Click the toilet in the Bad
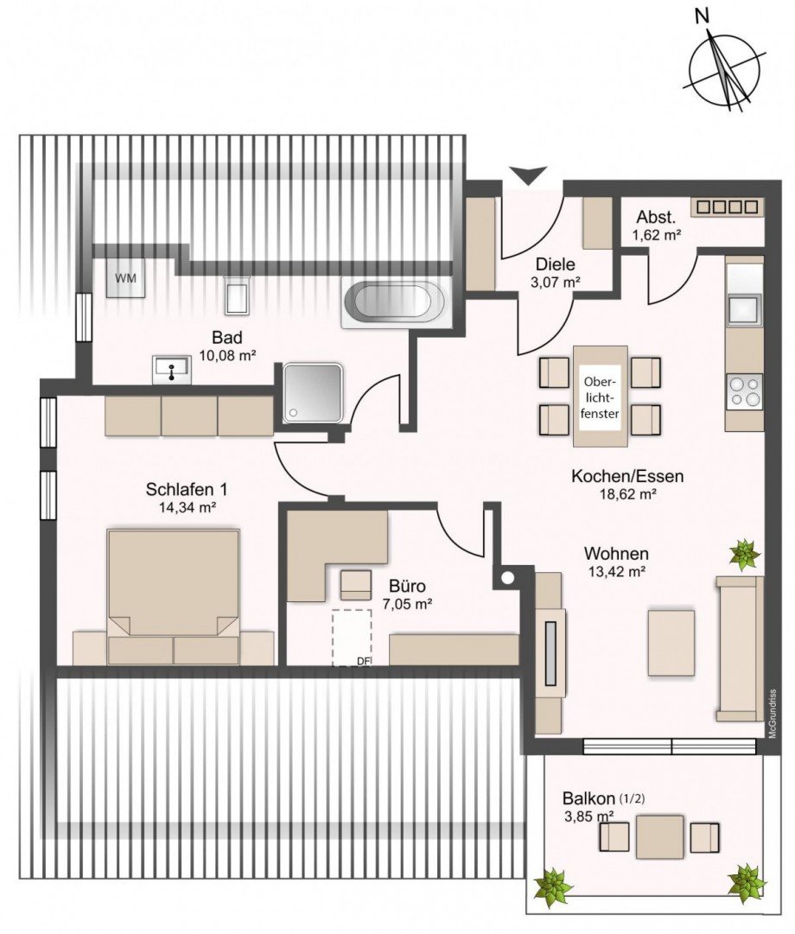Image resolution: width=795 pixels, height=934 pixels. [x=237, y=295]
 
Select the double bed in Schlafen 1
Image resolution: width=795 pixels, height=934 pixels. [x=173, y=588]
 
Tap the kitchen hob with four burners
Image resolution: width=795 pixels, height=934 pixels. [x=744, y=391]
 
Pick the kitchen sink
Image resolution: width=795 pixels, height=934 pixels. [x=744, y=308]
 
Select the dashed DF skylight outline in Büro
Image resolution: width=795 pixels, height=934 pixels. [x=352, y=638]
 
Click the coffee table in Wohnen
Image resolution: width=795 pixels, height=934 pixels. [x=671, y=643]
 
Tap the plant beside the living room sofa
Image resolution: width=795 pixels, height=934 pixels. [x=743, y=553]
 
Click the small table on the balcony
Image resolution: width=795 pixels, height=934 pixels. [x=660, y=836]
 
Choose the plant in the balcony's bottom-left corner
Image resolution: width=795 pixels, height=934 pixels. [x=553, y=885]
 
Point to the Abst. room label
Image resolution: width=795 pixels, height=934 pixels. [x=656, y=217]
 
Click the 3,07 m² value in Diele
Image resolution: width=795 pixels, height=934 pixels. [x=555, y=281]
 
